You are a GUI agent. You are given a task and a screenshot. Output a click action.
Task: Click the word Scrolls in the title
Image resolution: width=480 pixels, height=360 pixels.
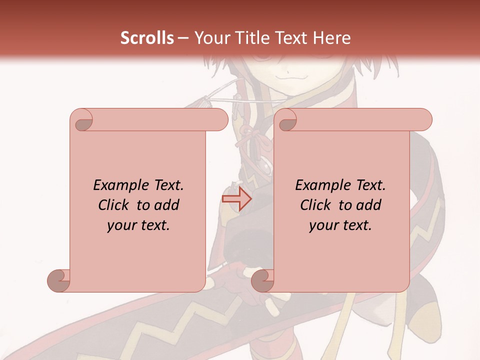click(147, 38)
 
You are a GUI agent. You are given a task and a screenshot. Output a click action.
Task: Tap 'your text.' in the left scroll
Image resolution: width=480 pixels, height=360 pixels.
click(138, 225)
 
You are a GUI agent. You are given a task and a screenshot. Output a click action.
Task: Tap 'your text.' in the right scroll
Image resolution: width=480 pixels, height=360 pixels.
click(340, 225)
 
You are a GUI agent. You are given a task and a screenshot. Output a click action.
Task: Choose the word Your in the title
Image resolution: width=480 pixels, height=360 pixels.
click(210, 38)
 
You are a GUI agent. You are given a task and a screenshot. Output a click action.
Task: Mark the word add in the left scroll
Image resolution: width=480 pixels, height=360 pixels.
click(167, 205)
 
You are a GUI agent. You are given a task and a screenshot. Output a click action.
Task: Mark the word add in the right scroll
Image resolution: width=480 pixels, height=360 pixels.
click(369, 205)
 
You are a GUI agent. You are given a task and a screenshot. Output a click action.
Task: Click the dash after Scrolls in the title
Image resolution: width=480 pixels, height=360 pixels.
click(183, 38)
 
